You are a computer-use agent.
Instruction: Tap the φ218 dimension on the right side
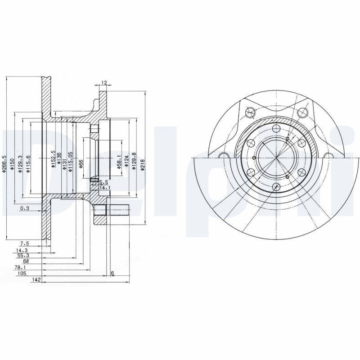point(143,161)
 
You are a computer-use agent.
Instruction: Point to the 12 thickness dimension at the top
point(104,83)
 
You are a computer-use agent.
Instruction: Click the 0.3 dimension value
point(24,208)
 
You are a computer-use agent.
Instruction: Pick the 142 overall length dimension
point(37,279)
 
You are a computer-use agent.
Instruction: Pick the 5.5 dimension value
point(103,182)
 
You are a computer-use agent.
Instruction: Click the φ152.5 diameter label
point(53,160)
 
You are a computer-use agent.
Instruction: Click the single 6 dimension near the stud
point(112,273)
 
